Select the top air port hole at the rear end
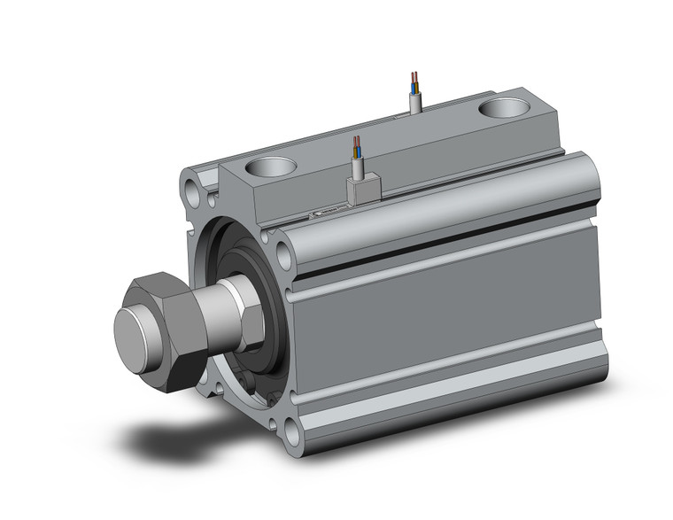(x=507, y=109)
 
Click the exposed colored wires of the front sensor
(x=356, y=145)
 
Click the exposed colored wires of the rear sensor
(x=414, y=81)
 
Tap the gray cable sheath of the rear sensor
(x=415, y=102)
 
